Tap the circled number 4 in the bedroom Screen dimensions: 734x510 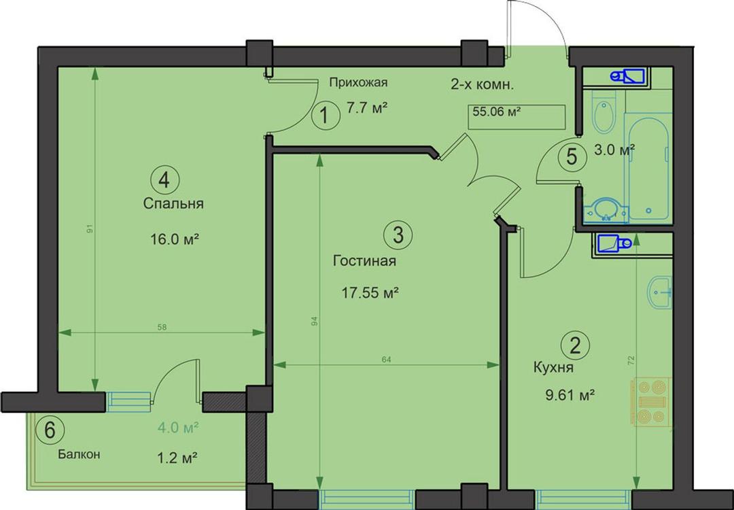(164, 180)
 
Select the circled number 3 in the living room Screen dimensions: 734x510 (398, 235)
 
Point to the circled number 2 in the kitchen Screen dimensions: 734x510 (576, 345)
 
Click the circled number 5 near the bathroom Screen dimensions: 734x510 (572, 156)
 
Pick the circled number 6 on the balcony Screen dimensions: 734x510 (50, 430)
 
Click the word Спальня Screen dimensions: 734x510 (173, 204)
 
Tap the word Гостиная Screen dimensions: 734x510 (365, 261)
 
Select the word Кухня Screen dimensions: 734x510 (553, 368)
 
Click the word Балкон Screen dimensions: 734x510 (79, 454)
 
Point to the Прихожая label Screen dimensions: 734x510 (358, 84)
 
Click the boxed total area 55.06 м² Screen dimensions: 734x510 (517, 117)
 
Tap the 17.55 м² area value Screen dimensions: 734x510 (370, 294)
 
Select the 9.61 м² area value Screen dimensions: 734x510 (570, 396)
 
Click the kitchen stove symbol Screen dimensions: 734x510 (652, 402)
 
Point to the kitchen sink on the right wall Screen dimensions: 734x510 (660, 292)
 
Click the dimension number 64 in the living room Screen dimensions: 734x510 (386, 360)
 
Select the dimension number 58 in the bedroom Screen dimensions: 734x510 (162, 327)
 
